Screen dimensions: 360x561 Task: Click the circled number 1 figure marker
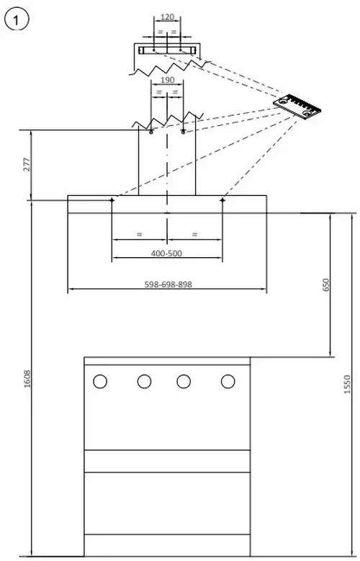click(16, 21)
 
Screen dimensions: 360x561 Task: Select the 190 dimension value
click(167, 80)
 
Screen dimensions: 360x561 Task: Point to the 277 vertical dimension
click(27, 164)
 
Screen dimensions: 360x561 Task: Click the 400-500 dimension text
click(166, 253)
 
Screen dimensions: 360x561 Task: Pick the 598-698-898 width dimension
click(168, 284)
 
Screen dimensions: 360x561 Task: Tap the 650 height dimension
click(325, 284)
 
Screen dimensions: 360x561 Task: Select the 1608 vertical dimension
click(27, 380)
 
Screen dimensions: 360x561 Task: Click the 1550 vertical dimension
click(347, 385)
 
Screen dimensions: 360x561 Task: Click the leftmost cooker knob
click(100, 382)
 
